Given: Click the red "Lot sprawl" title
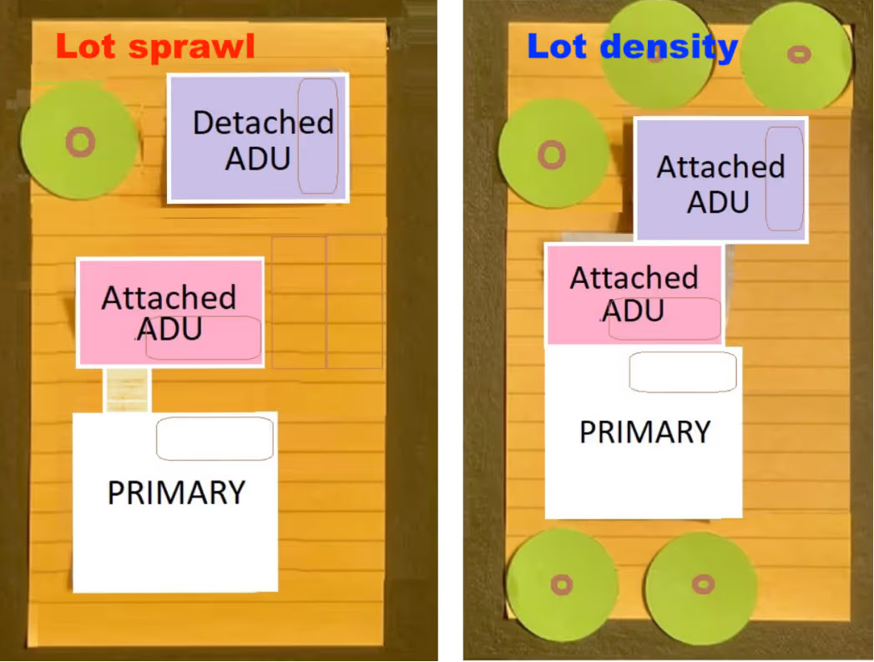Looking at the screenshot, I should click(x=155, y=47).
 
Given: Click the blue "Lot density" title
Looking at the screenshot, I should click(x=632, y=47).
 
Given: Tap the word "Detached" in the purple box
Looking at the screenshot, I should click(x=263, y=123).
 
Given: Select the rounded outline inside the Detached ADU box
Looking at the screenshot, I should click(x=318, y=136).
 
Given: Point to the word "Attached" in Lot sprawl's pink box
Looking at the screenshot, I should click(x=169, y=297).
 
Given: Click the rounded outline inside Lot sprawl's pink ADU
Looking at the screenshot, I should click(x=204, y=338).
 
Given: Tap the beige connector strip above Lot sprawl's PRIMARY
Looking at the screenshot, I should click(x=127, y=390).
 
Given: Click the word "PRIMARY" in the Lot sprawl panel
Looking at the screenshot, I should click(x=176, y=493).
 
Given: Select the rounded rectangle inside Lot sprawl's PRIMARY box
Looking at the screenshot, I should click(x=215, y=439).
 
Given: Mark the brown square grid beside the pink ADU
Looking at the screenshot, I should click(x=327, y=301).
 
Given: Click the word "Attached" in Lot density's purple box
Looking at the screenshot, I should click(x=720, y=167).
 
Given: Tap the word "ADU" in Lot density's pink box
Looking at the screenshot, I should click(x=633, y=311).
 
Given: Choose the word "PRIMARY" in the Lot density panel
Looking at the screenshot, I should click(x=644, y=432).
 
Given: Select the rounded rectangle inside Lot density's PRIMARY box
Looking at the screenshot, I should click(x=683, y=372).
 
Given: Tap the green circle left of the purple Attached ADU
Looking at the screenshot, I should click(x=553, y=154).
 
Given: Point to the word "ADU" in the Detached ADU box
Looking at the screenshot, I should click(x=257, y=158).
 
